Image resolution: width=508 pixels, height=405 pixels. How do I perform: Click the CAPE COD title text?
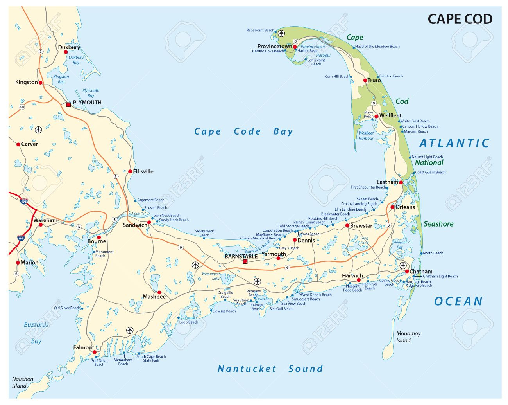[460, 19]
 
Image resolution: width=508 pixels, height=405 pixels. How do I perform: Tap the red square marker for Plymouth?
[68, 104]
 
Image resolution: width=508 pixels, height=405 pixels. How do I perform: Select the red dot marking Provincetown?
[295, 47]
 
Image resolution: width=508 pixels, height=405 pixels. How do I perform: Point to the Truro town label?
[374, 80]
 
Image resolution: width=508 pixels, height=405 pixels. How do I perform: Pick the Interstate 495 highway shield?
[24, 202]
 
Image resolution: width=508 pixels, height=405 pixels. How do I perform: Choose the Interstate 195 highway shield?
[21, 238]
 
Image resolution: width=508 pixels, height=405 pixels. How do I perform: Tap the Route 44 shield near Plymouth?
[21, 107]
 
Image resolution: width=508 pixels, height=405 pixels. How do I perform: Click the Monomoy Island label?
[408, 337]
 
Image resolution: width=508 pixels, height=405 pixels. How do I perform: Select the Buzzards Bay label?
[36, 333]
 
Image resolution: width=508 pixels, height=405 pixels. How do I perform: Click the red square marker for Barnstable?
[245, 262]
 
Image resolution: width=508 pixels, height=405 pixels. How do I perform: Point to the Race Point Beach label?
[260, 30]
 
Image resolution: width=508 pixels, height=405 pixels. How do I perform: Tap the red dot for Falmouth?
[95, 352]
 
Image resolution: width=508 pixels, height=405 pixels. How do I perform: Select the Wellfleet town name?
[390, 115]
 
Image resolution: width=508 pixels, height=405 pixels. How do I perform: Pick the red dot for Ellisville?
[130, 171]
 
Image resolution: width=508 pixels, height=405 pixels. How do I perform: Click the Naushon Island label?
[22, 382]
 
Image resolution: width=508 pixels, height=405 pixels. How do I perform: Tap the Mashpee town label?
[154, 297]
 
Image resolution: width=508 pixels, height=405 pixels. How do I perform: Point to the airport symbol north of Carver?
[38, 130]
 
